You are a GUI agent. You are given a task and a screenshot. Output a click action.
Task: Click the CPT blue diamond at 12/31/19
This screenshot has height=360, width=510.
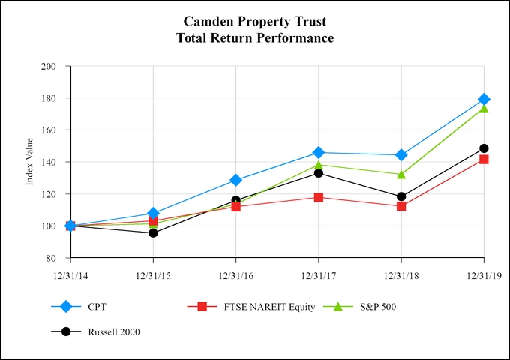pyautogui.click(x=484, y=99)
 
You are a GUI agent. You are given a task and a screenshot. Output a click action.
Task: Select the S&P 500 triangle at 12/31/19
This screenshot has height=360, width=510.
pyautogui.click(x=484, y=108)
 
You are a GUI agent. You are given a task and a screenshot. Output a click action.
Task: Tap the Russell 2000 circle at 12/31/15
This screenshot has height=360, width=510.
pyautogui.click(x=153, y=233)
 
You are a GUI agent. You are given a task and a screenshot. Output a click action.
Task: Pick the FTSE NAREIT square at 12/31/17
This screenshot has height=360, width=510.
pyautogui.click(x=319, y=197)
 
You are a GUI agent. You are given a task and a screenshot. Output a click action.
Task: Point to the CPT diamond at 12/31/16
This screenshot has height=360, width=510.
pyautogui.click(x=236, y=180)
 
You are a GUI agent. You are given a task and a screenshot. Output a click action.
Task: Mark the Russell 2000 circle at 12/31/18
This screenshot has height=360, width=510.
pyautogui.click(x=401, y=196)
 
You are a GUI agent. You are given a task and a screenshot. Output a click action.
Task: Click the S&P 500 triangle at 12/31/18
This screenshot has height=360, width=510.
pyautogui.click(x=401, y=175)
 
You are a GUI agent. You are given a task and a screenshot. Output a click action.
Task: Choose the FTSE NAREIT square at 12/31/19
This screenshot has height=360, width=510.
pyautogui.click(x=484, y=159)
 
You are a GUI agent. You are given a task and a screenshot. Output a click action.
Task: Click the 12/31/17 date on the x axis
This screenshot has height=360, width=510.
pyautogui.click(x=318, y=274)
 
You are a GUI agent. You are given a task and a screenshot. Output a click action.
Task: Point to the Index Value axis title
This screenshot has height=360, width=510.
pyautogui.click(x=30, y=161)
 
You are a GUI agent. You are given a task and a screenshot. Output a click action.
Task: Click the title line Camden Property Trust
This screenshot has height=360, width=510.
pyautogui.click(x=254, y=21)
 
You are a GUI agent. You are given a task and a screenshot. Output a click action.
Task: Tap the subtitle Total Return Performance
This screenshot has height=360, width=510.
pyautogui.click(x=254, y=37)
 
